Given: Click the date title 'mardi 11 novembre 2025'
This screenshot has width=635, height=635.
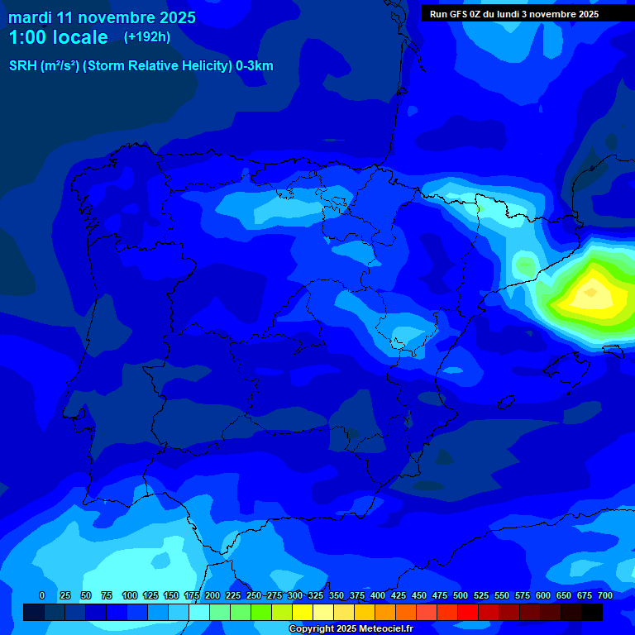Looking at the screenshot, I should click(102, 17).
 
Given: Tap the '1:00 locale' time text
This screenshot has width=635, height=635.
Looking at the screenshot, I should click(58, 37).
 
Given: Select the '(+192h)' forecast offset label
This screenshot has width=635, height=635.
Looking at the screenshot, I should click(147, 37).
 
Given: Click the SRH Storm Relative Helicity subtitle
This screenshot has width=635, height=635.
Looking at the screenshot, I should click(141, 66).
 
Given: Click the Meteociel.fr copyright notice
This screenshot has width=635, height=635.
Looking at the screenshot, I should click(350, 629).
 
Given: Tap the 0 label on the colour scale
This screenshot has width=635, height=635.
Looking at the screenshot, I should click(42, 595).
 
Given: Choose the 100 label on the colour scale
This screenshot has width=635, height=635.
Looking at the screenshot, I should click(129, 595).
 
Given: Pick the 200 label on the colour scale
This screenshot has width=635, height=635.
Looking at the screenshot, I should click(212, 595).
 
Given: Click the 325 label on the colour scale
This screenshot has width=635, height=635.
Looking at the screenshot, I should click(315, 595).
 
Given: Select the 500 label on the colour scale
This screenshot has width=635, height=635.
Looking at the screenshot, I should click(460, 595).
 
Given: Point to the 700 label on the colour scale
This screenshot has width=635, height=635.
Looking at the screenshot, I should click(604, 595).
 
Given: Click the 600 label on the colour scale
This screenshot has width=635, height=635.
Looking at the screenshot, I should click(542, 595).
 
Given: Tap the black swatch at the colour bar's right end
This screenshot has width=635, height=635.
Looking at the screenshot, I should click(592, 612).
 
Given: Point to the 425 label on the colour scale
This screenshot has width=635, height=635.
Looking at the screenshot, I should click(398, 595).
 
